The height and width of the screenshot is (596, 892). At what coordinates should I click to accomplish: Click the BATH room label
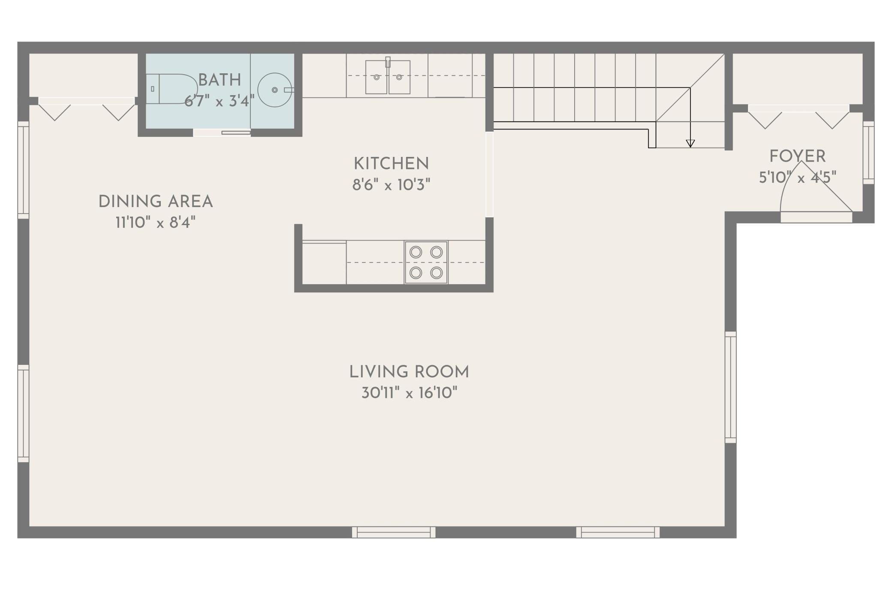click(x=219, y=80)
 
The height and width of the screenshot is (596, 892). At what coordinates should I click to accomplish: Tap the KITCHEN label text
click(x=391, y=164)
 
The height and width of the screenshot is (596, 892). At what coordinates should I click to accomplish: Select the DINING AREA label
click(x=156, y=202)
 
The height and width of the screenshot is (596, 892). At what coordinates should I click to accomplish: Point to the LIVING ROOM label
click(x=409, y=372)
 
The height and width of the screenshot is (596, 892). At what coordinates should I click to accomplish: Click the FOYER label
click(x=797, y=157)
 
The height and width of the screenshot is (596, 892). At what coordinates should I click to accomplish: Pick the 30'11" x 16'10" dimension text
click(x=410, y=393)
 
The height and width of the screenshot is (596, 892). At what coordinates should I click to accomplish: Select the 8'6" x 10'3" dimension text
click(x=391, y=185)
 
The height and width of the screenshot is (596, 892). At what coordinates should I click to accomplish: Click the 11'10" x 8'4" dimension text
click(x=156, y=223)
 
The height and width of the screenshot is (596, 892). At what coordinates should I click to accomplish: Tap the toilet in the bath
click(x=171, y=89)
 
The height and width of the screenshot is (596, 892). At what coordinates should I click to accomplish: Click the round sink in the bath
click(x=275, y=90)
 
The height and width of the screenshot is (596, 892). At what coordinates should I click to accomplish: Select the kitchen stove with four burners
click(x=426, y=262)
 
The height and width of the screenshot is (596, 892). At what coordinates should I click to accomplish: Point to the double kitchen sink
click(x=388, y=77)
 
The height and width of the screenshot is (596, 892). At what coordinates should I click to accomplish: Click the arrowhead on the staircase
click(x=690, y=144)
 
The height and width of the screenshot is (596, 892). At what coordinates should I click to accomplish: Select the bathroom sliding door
click(x=222, y=132)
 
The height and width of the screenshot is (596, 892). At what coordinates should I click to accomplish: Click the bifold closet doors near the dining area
click(x=87, y=109)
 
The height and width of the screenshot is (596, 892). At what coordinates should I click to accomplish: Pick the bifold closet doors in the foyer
click(x=799, y=117)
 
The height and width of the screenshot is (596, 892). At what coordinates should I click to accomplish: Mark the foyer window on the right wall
click(x=868, y=153)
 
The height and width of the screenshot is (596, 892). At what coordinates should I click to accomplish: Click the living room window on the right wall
click(x=731, y=387)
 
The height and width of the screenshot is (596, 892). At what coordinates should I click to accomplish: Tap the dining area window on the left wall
click(x=23, y=170)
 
